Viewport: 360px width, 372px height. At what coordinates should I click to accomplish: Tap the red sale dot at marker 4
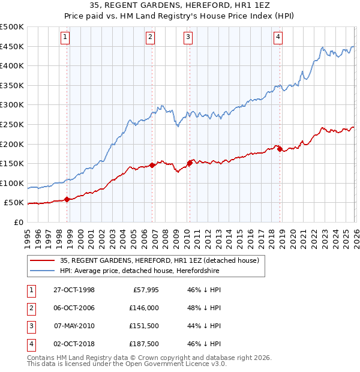coord(280,149)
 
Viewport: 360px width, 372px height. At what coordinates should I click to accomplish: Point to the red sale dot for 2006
coord(152,165)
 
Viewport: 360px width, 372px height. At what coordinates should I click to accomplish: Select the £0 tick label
coord(19,222)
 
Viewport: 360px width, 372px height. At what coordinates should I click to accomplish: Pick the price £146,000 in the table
coord(144,308)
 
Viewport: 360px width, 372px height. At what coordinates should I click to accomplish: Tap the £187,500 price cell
coord(144,344)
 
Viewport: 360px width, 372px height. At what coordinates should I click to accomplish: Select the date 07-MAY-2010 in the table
coord(74,326)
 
